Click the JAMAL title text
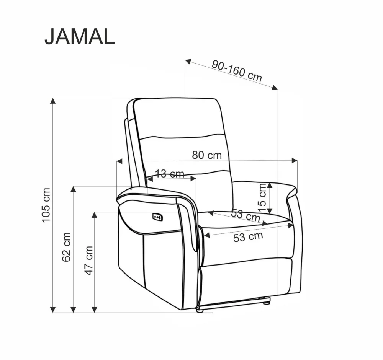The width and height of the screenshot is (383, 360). point(79,37)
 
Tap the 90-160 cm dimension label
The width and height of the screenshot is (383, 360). point(237,71)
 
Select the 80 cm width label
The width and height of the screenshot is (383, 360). point(207,155)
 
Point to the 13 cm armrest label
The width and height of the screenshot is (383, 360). point(170,174)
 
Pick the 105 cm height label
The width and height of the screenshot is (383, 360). point(46,205)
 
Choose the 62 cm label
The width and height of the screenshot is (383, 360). point(67,247)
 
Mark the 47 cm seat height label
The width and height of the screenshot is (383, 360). point(89,260)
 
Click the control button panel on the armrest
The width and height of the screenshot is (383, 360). point(157,217)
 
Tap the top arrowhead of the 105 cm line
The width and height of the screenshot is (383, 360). point(54,101)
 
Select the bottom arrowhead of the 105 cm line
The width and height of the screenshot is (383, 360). point(54,309)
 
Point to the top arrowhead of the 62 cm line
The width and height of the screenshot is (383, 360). point(74,189)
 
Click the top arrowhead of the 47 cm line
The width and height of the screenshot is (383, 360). point(94,215)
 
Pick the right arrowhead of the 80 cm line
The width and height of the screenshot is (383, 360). point(295,160)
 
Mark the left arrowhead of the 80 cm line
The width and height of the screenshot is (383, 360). point(119,161)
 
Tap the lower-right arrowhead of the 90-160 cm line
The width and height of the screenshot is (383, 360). point(275,88)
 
